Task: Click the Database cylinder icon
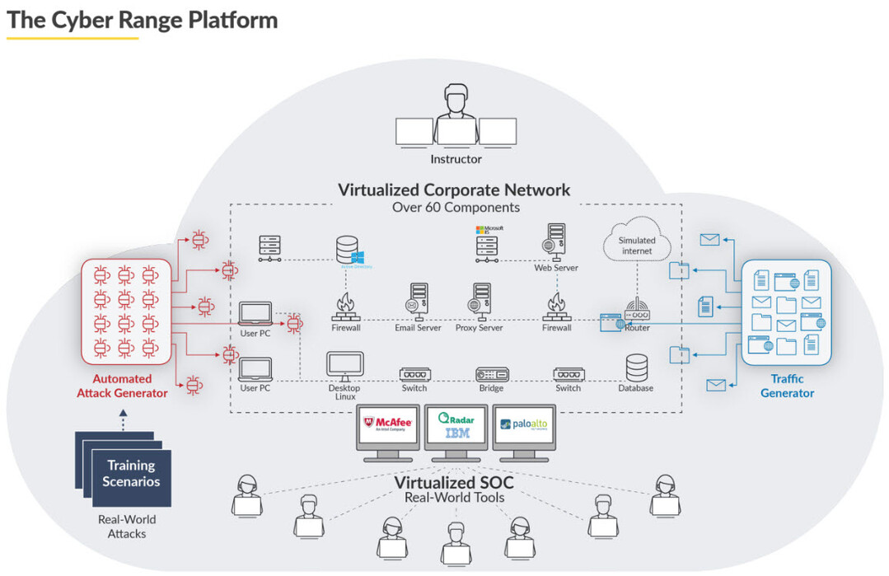[x=636, y=368]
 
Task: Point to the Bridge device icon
[x=491, y=373]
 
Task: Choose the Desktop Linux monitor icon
[x=344, y=367]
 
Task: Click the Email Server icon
[x=418, y=302]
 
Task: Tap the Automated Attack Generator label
[x=122, y=386]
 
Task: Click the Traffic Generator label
[x=786, y=386]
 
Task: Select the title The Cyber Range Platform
[x=143, y=21]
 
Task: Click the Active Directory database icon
[x=347, y=251]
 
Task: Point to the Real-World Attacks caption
[x=127, y=527]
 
